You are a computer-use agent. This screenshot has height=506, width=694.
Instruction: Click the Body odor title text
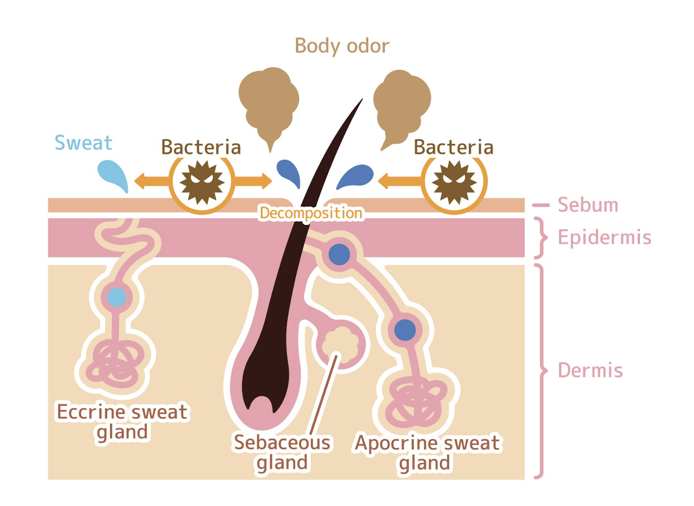tap(342, 46)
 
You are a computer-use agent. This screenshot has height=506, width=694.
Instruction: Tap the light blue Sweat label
tap(83, 142)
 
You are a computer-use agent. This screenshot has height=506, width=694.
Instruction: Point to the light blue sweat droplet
tap(114, 174)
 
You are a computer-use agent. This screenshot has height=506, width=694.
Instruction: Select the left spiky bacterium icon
tap(202, 182)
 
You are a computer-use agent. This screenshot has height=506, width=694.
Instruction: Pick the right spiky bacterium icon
tap(455, 182)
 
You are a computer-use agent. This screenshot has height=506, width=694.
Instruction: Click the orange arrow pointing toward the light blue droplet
tap(151, 181)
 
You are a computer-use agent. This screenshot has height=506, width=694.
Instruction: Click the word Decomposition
tap(311, 213)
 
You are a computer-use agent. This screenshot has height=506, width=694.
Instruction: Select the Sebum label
tap(588, 205)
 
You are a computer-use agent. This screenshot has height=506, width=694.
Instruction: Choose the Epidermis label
tap(604, 237)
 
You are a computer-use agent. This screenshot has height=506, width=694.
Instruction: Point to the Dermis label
tap(590, 370)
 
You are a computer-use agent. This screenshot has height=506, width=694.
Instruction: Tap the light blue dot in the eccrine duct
tap(117, 297)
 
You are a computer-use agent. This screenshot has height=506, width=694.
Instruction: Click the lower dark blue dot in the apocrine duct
tap(405, 330)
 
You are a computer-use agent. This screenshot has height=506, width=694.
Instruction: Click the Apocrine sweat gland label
tap(427, 452)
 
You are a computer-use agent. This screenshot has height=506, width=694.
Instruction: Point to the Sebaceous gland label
tap(283, 452)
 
